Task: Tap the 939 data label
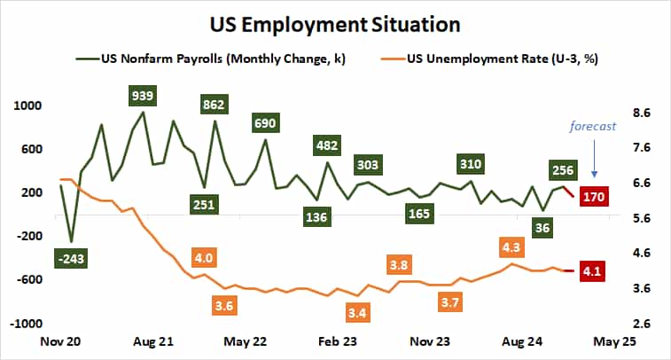coord(141,95)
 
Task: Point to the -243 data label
coord(70,258)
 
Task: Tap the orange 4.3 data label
coord(511,247)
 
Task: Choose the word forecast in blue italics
coord(593,126)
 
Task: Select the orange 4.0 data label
coord(203,258)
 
